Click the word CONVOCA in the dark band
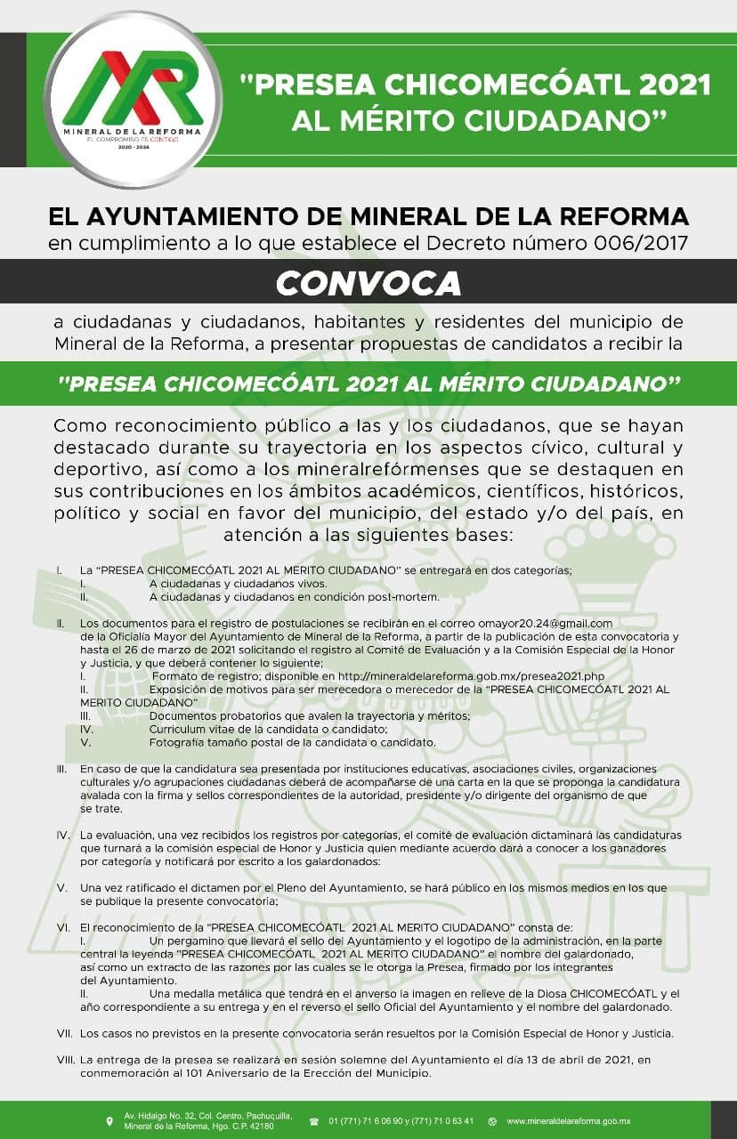pyautogui.click(x=368, y=282)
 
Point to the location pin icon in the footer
pyautogui.click(x=109, y=1120)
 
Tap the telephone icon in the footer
pyautogui.click(x=314, y=1120)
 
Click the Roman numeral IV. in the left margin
pyautogui.click(x=63, y=836)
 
